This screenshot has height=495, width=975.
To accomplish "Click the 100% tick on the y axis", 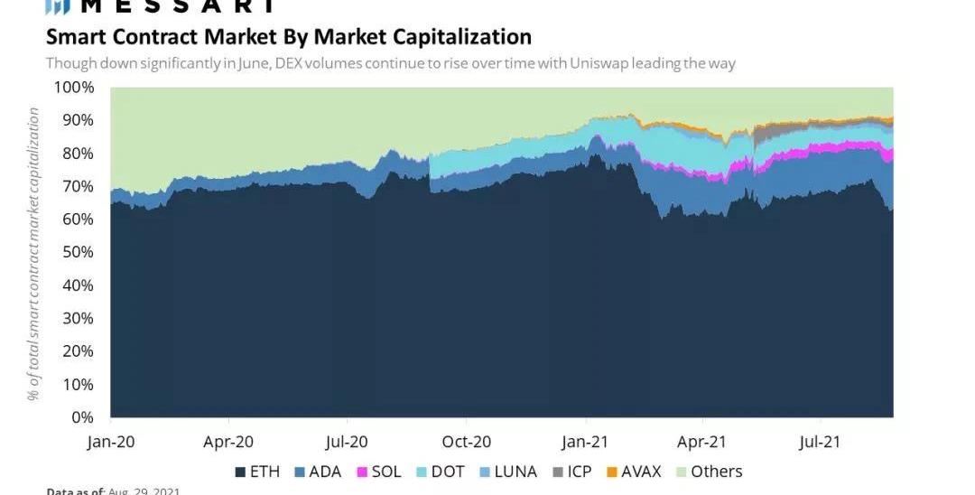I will click(74, 88).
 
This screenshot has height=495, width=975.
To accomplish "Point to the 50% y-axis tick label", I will click(78, 252).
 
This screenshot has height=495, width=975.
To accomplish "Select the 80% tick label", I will click(78, 154).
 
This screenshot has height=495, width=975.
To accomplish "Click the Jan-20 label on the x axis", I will click(110, 442).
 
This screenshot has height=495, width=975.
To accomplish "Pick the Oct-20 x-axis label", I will click(466, 442).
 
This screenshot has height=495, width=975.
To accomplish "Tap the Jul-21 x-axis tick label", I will click(820, 442).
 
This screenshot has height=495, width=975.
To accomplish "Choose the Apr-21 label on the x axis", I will click(701, 442).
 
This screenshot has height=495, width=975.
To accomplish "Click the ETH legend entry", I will click(256, 472).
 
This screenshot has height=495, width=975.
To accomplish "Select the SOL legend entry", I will click(377, 472).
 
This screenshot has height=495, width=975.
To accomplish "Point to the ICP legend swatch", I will click(557, 472).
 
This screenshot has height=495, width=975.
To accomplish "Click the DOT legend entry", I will click(440, 472).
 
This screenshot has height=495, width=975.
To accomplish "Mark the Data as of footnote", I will click(113, 490).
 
